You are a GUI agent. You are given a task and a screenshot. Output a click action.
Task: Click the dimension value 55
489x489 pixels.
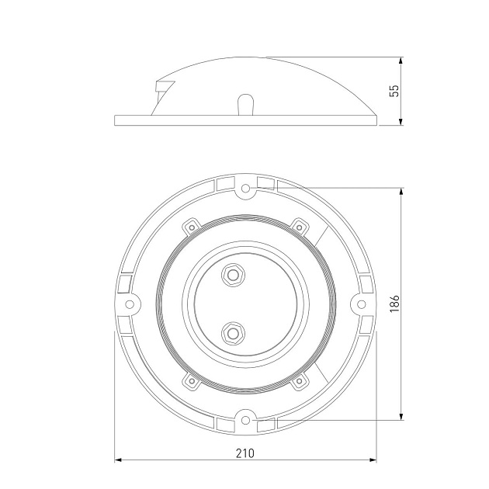point(394,90)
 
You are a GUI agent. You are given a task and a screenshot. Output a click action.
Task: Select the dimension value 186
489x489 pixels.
point(394,303)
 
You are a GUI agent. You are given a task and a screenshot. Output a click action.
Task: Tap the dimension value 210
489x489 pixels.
point(244,452)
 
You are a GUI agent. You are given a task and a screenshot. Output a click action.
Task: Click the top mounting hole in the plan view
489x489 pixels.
point(246,188)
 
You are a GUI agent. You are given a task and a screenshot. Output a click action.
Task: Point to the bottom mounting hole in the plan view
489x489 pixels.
point(246,419)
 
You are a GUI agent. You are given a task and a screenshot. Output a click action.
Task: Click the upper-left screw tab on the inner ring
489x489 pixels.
point(190,227)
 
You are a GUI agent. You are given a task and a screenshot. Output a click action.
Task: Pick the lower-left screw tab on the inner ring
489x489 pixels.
point(190,380)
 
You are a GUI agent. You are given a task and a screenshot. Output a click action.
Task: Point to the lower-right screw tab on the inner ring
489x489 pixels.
point(299,380)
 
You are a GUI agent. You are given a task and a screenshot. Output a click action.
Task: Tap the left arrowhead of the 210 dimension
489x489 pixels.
point(119,460)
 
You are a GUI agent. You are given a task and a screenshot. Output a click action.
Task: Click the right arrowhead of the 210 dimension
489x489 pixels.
point(371,460)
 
